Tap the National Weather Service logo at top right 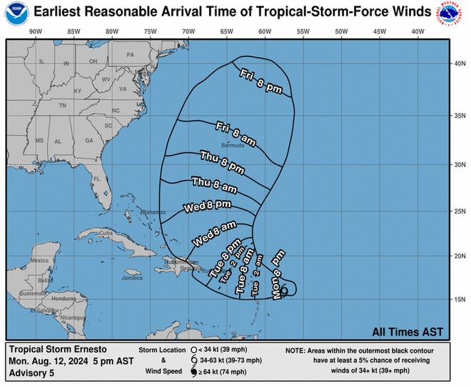(x=454, y=14)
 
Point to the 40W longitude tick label (x=417, y=31)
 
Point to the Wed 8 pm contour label (x=208, y=206)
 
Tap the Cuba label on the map (x=106, y=233)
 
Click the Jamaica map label (x=132, y=278)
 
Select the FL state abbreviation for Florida (x=97, y=178)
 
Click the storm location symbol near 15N (x=285, y=290)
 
